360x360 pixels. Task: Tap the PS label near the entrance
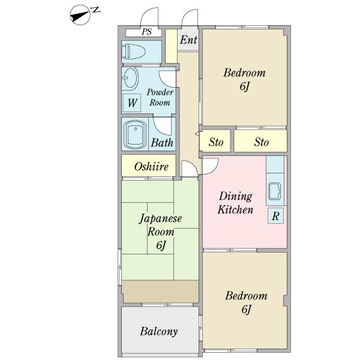(x=146, y=31)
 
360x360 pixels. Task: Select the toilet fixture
(x=133, y=52)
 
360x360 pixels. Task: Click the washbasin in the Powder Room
(x=130, y=78)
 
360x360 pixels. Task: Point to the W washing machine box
(x=132, y=103)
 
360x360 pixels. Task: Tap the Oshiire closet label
(x=151, y=166)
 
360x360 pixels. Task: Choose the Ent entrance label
(x=188, y=40)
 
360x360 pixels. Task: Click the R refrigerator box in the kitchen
(x=275, y=216)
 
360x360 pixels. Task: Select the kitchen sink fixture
(x=275, y=191)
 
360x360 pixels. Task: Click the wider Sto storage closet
(x=260, y=141)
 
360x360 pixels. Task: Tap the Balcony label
(x=159, y=331)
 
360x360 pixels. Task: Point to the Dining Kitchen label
(x=236, y=203)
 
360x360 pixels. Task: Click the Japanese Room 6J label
(x=160, y=232)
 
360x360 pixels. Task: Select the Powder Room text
(x=160, y=97)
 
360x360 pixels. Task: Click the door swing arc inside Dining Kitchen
(x=213, y=169)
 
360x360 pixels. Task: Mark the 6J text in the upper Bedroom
(x=245, y=86)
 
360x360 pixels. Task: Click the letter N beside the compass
(x=95, y=10)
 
